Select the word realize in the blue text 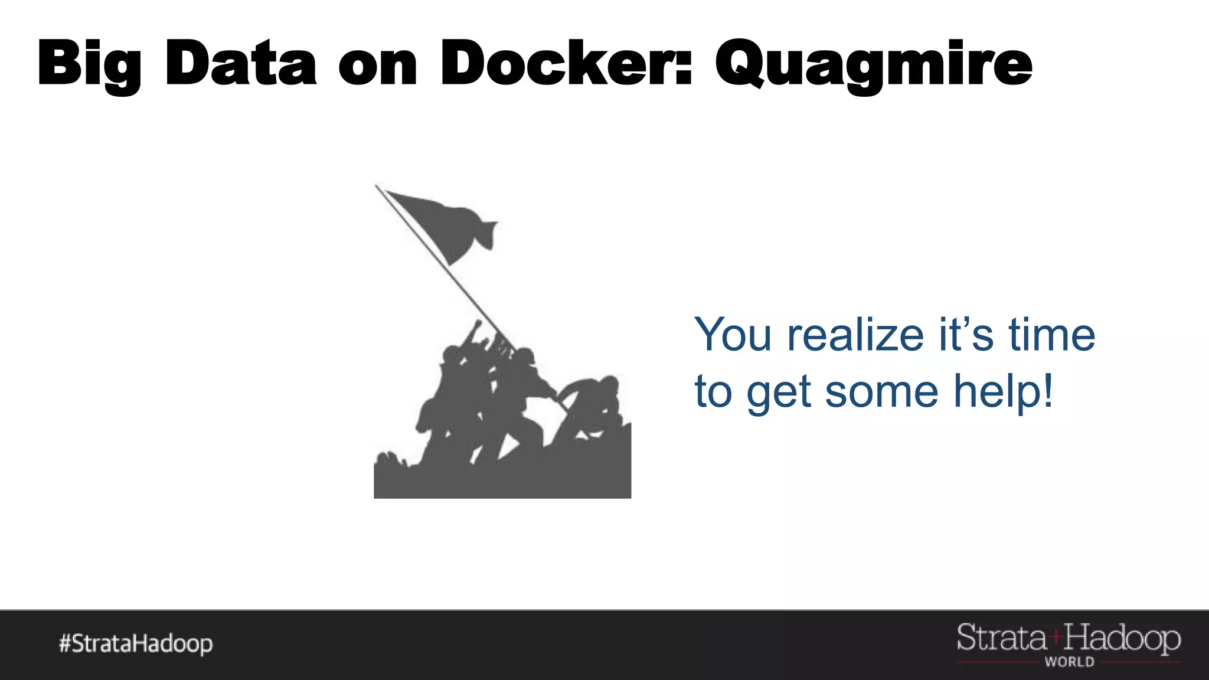tap(855, 335)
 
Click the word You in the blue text tap(733, 335)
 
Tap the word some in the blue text tap(881, 392)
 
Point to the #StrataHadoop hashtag tap(136, 644)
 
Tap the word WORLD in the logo tap(1069, 662)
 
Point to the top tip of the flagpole tap(377, 186)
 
